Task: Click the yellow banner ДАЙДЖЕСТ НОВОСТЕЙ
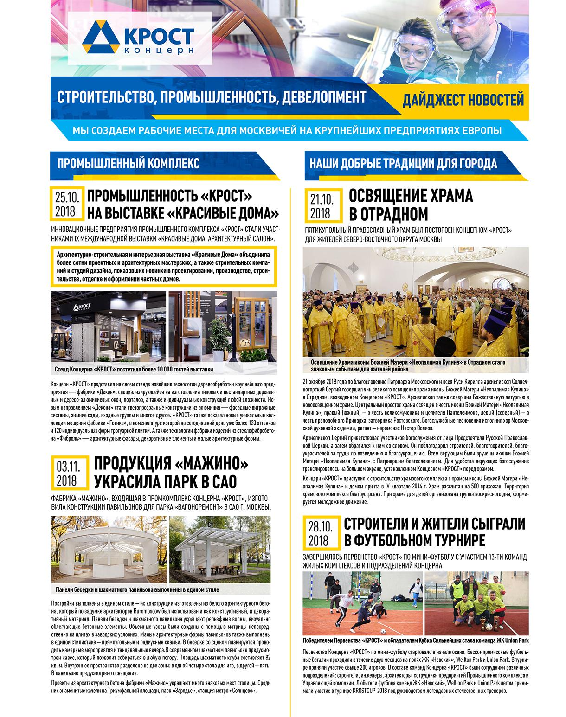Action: [x=463, y=99]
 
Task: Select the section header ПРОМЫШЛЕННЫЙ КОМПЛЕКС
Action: [x=129, y=163]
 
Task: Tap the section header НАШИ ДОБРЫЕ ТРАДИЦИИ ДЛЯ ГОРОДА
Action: [x=403, y=163]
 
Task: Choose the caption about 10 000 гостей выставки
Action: [x=134, y=370]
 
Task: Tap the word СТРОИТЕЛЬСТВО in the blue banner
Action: [x=101, y=97]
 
